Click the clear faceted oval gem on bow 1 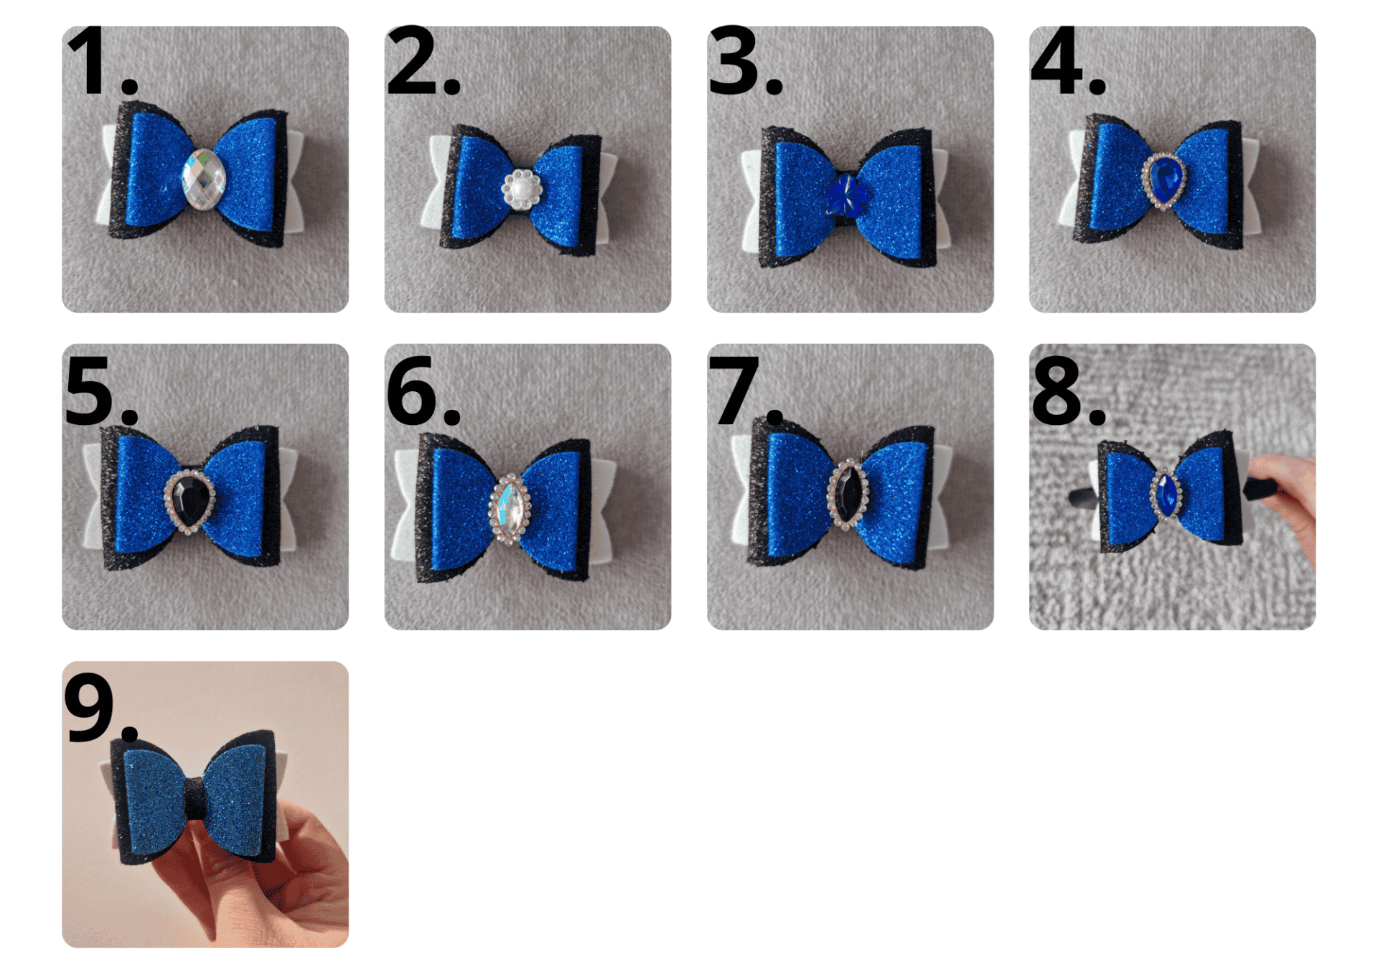(204, 179)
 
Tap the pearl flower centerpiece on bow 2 (522, 189)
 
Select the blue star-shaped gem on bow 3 (846, 195)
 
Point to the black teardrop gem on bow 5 (189, 501)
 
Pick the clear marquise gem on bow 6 (510, 509)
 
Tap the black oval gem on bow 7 (848, 494)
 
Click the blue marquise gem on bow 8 (1166, 493)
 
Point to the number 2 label (423, 60)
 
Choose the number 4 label (1068, 60)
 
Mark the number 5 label (101, 391)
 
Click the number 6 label (423, 391)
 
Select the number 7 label (746, 391)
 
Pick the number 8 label (1069, 391)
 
